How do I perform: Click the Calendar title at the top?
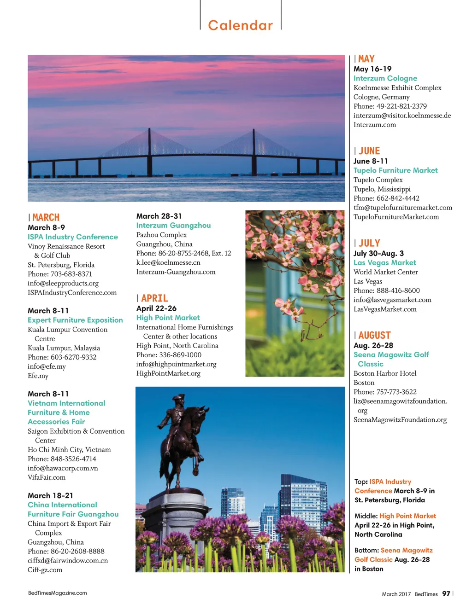click(x=240, y=25)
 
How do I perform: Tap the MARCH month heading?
click(x=46, y=217)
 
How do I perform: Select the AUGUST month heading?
click(x=374, y=335)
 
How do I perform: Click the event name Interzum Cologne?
click(x=385, y=78)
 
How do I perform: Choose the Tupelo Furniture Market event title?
click(x=395, y=170)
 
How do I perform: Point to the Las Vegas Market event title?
click(x=384, y=262)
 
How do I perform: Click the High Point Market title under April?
click(x=168, y=318)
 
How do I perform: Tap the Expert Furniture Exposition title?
click(x=75, y=320)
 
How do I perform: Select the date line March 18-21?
click(x=50, y=495)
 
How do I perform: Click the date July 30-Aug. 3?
click(x=378, y=253)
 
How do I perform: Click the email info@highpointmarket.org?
click(x=176, y=364)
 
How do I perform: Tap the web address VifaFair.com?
click(x=47, y=477)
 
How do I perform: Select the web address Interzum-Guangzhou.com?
click(x=176, y=272)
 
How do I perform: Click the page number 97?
click(x=446, y=593)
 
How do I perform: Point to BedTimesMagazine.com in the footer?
click(x=57, y=593)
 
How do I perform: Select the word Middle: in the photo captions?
click(x=366, y=516)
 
